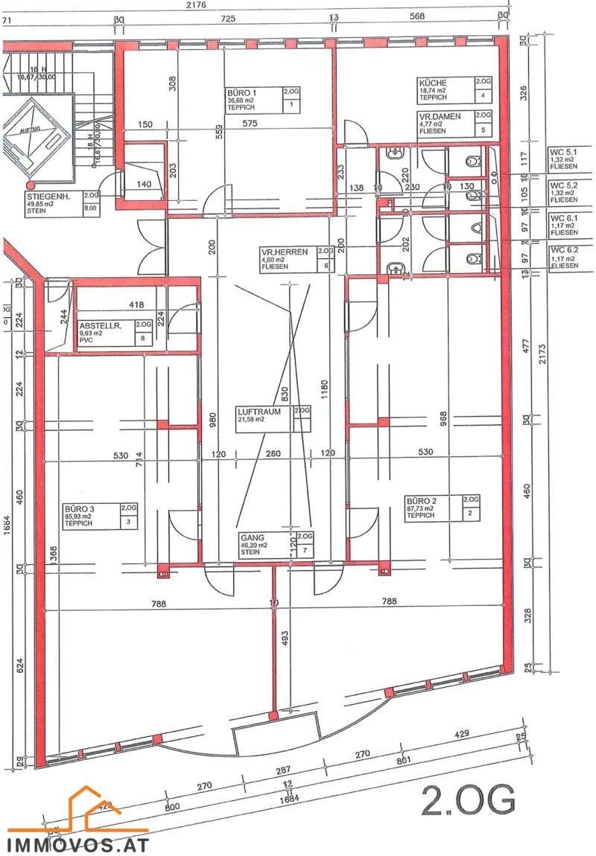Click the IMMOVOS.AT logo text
[x=78, y=845]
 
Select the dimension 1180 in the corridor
[x=323, y=387]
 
